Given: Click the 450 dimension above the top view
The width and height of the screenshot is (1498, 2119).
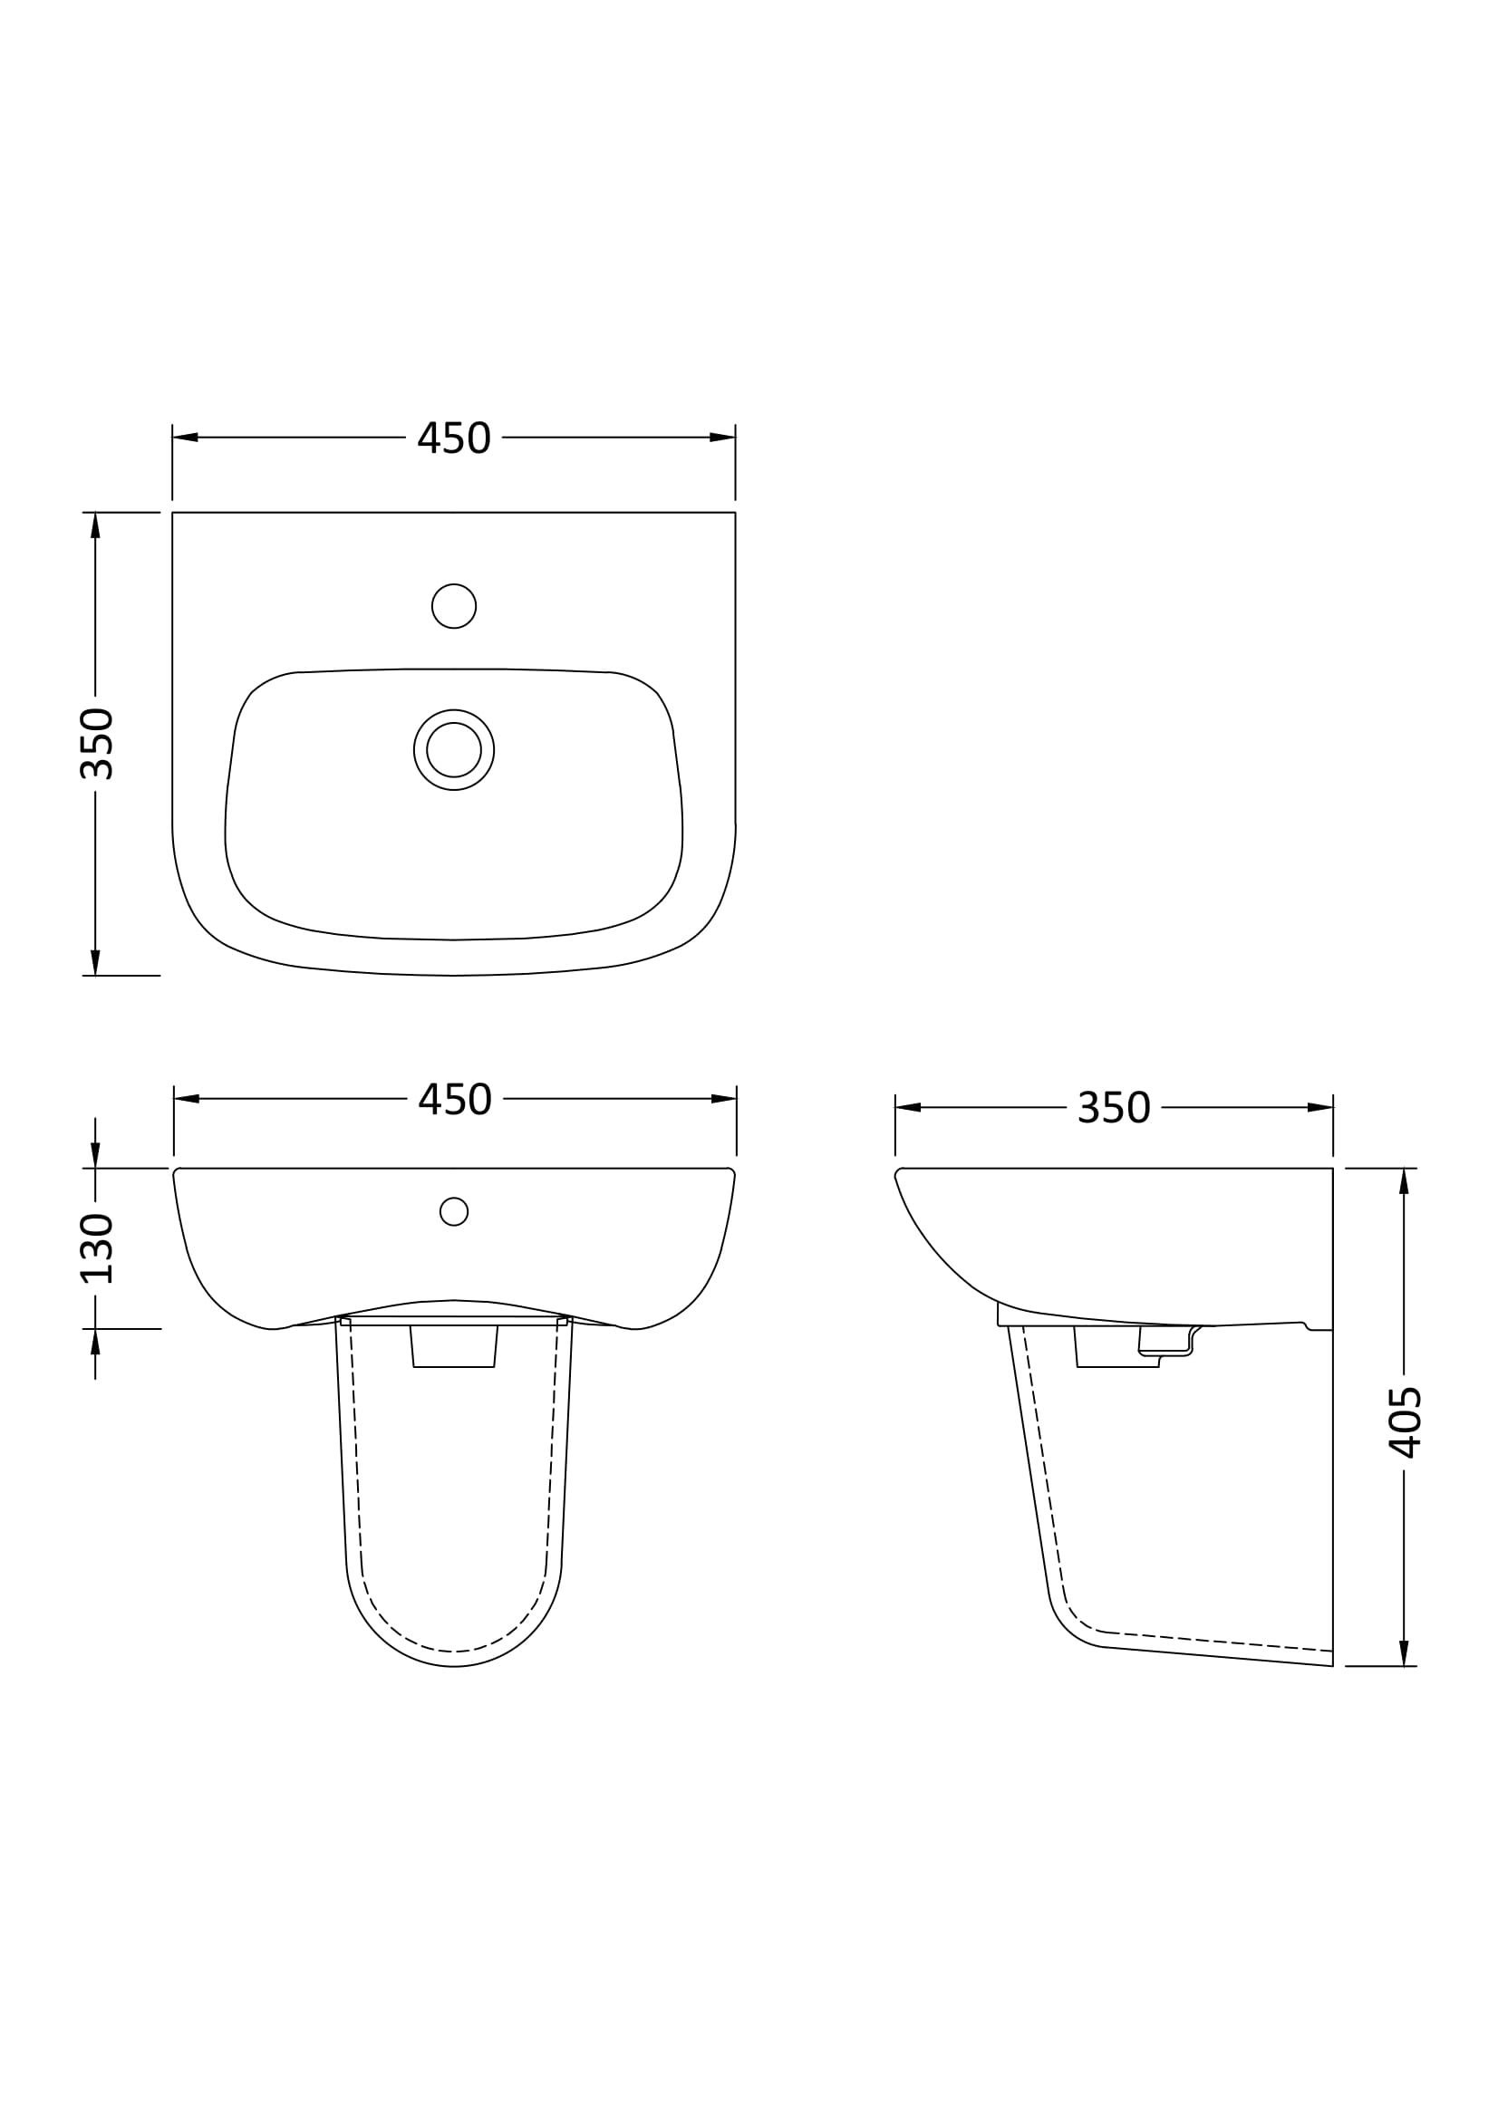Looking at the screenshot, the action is (x=454, y=438).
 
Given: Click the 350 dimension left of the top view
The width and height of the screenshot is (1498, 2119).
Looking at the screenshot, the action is (x=97, y=744).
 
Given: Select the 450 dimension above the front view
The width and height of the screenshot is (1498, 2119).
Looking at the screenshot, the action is (x=455, y=1099).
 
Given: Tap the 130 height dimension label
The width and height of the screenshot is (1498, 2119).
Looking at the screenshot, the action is (x=97, y=1248).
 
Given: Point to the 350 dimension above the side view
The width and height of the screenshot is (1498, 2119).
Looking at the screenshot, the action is (x=1114, y=1107).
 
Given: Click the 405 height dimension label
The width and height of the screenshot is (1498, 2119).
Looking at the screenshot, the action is (x=1406, y=1422).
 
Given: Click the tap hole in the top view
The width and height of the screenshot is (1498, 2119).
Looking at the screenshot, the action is (x=454, y=606).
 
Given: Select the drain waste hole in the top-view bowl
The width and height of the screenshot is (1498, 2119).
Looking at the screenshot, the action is (x=454, y=750).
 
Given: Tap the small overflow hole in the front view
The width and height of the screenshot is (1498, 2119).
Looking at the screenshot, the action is (x=454, y=1211).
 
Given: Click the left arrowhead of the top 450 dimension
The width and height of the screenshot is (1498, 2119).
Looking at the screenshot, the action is (x=186, y=438).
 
